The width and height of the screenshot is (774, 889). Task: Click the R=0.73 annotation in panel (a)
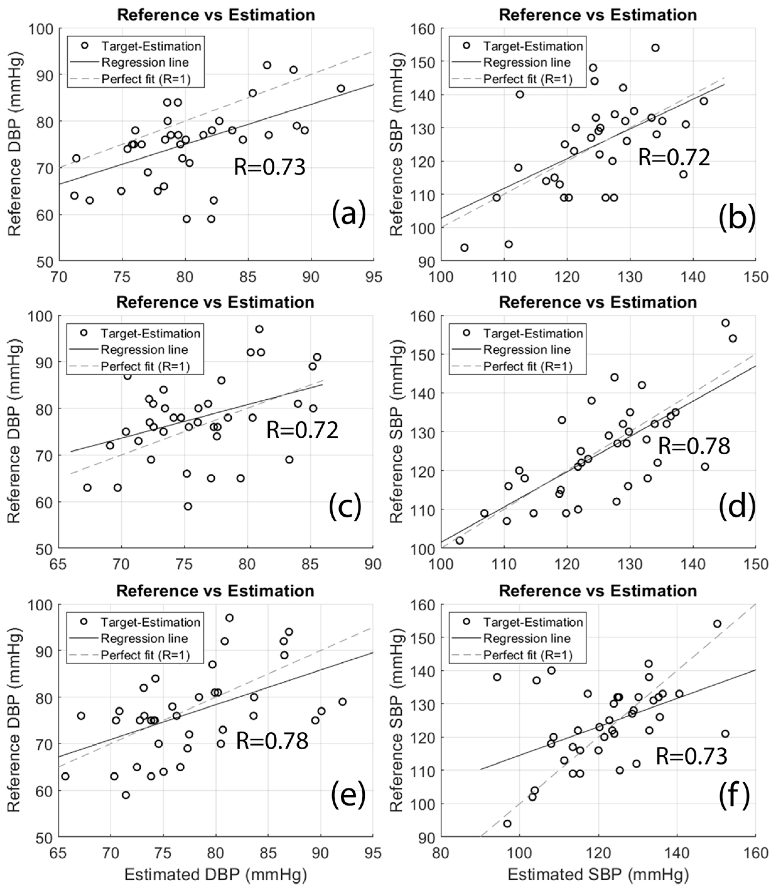click(270, 167)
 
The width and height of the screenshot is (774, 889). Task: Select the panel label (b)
click(737, 217)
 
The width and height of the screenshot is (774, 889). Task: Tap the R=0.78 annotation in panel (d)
click(694, 446)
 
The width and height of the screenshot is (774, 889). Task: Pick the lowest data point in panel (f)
click(507, 824)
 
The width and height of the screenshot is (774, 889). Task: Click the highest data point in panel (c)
click(259, 329)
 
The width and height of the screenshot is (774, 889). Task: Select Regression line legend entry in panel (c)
click(144, 350)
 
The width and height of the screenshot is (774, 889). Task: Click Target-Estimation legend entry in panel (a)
click(151, 46)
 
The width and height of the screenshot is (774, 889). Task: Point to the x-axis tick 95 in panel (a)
click(373, 277)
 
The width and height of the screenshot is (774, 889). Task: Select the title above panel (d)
click(598, 302)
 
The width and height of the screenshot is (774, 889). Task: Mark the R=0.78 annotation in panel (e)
click(272, 741)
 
